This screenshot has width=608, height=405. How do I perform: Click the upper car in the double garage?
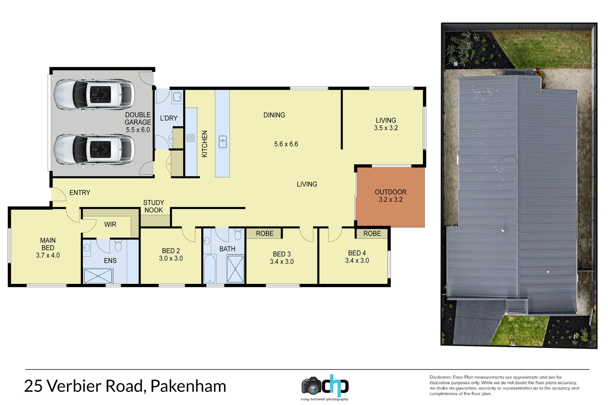[x=94, y=94]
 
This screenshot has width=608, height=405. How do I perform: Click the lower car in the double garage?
[x=94, y=149]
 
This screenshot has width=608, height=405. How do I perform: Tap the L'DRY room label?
[x=169, y=118]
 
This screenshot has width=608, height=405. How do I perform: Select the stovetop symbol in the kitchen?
[x=190, y=138]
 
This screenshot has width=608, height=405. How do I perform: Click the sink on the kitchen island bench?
[x=223, y=142]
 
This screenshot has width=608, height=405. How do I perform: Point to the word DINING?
[x=274, y=115]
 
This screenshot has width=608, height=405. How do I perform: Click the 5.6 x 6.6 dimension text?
[x=286, y=144]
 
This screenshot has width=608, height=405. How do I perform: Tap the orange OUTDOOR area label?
[x=390, y=192]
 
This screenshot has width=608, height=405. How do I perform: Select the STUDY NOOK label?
[x=154, y=206]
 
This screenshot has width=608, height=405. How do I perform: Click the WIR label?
[x=110, y=224]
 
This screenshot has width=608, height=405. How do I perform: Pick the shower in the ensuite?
[x=98, y=276]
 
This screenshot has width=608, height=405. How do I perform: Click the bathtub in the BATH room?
[x=209, y=268]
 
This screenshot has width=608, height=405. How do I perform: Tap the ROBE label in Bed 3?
[x=265, y=233]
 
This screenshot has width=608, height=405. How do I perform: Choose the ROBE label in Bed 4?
[x=372, y=233]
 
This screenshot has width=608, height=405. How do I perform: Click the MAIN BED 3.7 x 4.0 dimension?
[x=48, y=255]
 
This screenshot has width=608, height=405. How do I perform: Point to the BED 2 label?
[x=171, y=250]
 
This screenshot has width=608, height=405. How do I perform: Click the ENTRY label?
[x=80, y=192]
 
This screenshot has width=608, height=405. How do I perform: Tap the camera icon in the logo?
[x=311, y=386]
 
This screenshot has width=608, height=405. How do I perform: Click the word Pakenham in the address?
[x=188, y=386]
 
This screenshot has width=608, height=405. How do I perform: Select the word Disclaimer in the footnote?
[x=440, y=377]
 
